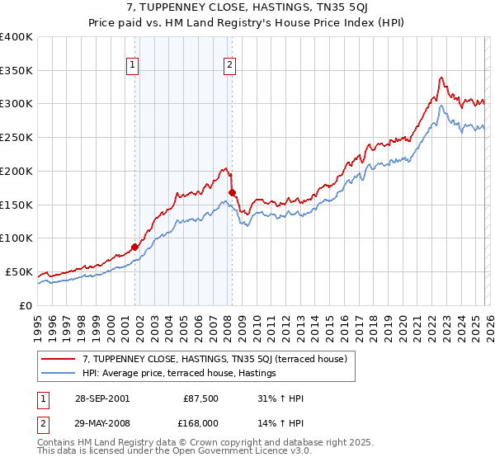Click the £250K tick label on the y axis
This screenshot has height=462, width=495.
[16, 138]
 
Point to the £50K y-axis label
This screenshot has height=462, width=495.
[18, 271]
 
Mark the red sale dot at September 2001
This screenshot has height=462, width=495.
[134, 246]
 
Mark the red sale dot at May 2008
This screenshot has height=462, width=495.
[232, 192]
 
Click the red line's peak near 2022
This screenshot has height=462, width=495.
[441, 78]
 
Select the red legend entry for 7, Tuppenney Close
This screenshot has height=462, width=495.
[219, 359]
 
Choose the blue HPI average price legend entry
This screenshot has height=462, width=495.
[178, 374]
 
